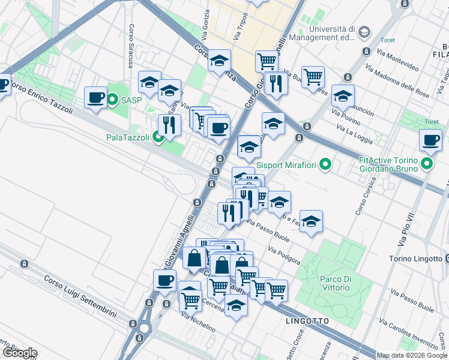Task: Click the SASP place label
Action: click(131, 100)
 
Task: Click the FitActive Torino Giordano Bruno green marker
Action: click(427, 163)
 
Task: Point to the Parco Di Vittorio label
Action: click(335, 283)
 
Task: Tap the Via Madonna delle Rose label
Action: click(397, 81)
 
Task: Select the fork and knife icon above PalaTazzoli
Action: click(169, 124)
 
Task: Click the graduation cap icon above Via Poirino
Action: click(343, 95)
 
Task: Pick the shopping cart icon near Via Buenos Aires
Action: click(313, 76)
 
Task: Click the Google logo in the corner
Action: click(19, 353)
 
